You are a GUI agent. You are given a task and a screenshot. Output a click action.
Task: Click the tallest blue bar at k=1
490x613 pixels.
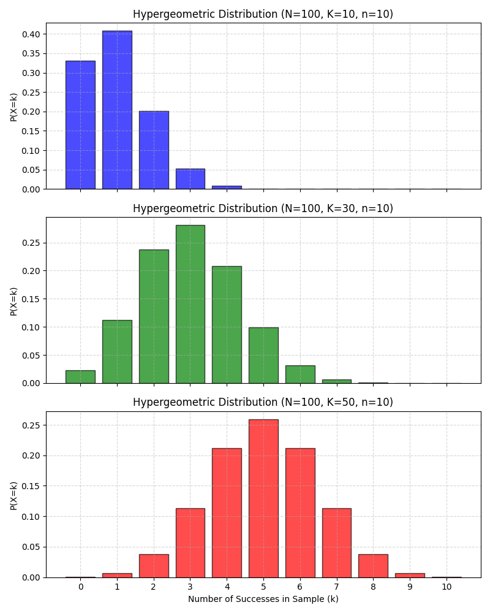pos(117,110)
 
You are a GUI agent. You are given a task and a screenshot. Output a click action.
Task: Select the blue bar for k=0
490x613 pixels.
pos(80,125)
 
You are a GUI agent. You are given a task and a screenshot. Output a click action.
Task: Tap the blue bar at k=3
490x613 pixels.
pos(190,179)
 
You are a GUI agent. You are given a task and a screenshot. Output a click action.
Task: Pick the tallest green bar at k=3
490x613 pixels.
pos(190,304)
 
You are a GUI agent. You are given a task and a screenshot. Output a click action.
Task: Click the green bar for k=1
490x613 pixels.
pos(117,351)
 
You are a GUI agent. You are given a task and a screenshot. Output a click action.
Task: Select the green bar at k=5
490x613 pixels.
pos(263,356)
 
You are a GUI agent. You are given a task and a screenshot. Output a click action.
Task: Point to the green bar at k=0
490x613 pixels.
pos(80,376)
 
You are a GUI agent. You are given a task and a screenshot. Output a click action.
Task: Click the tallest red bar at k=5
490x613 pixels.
pos(263,498)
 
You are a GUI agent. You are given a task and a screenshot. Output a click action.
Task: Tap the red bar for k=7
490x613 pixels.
pos(336,543)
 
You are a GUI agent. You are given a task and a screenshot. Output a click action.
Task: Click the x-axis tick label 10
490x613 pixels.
pos(447,587)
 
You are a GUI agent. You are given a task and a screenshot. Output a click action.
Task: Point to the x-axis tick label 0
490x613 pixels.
pos(80,587)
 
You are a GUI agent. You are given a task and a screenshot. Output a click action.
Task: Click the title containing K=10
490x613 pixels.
pos(263,14)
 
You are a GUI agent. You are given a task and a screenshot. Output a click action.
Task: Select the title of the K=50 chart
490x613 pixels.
pos(263,402)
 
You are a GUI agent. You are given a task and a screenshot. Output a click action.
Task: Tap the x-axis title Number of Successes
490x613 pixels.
pos(263,599)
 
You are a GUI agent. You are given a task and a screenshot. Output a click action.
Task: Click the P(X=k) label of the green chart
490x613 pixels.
pos(13,301)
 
